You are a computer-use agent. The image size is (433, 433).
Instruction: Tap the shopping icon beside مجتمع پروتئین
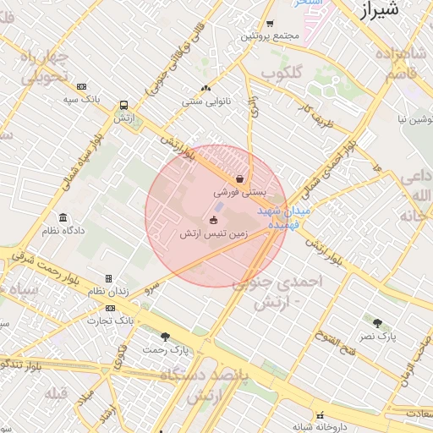pyautogui.click(x=270, y=24)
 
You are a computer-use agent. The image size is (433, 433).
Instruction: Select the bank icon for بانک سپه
pyautogui.click(x=81, y=86)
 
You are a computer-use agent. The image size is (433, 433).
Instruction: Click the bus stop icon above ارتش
pyautogui.click(x=124, y=106)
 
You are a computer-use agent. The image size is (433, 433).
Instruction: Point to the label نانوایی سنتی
pyautogui.click(x=206, y=101)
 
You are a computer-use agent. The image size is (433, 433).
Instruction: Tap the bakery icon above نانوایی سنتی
pyautogui.click(x=206, y=89)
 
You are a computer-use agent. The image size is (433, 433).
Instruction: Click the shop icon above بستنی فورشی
pyautogui.click(x=241, y=178)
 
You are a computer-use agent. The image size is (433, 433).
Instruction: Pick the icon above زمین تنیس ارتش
pyautogui.click(x=211, y=220)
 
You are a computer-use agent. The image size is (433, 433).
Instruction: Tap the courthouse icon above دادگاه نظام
pyautogui.click(x=64, y=217)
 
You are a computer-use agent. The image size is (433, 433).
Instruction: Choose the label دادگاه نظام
pyautogui.click(x=64, y=230)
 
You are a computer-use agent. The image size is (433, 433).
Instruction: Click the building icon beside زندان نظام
pyautogui.click(x=108, y=278)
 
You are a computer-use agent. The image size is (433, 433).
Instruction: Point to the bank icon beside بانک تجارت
pyautogui.click(x=90, y=321)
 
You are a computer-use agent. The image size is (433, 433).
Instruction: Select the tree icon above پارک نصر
pyautogui.click(x=376, y=322)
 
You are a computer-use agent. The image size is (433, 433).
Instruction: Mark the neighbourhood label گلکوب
pyautogui.click(x=282, y=74)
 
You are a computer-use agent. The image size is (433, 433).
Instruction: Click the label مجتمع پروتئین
pyautogui.click(x=271, y=36)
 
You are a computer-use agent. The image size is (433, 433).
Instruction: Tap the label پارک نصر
pyautogui.click(x=376, y=337)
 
